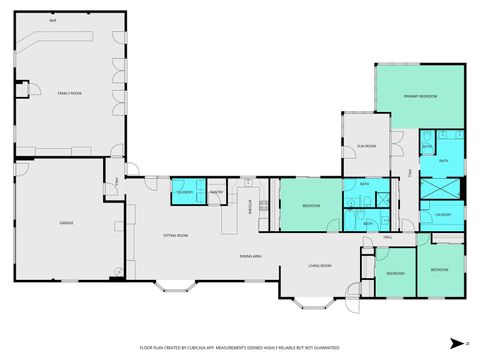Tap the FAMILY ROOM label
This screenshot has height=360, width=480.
pyautogui.click(x=69, y=92)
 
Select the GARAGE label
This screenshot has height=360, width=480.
pyautogui.click(x=66, y=222)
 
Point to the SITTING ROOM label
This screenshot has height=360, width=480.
pyautogui.click(x=176, y=235)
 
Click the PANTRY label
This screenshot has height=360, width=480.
pyautogui.click(x=215, y=191)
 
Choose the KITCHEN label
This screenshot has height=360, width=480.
pyautogui.click(x=250, y=206)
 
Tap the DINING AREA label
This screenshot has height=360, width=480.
pyautogui.click(x=250, y=256)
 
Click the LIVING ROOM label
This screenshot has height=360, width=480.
pyautogui.click(x=319, y=265)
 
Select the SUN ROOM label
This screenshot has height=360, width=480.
pyautogui.click(x=367, y=146)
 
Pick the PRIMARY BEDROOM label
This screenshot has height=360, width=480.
pyautogui.click(x=420, y=96)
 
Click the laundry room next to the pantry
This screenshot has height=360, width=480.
pyautogui.click(x=185, y=191)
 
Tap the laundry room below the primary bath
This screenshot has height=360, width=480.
pyautogui.click(x=442, y=214)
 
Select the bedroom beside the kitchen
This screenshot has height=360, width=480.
pyautogui.click(x=311, y=206)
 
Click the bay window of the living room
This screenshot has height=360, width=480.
pyautogui.click(x=306, y=299)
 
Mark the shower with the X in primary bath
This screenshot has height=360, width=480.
pyautogui.click(x=441, y=189)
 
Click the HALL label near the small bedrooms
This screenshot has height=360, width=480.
pyautogui.click(x=387, y=238)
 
